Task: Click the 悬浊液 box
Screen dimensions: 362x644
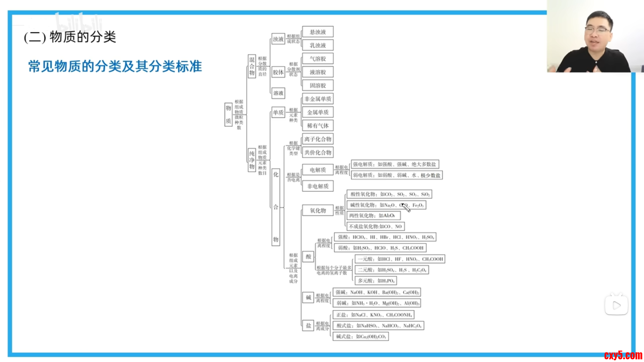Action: point(318,32)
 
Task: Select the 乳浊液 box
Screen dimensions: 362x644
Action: point(318,45)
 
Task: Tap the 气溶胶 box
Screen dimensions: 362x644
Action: point(318,59)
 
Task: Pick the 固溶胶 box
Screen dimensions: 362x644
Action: point(318,85)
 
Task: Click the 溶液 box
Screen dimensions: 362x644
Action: point(278,93)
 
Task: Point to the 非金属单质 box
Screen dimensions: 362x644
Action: point(318,99)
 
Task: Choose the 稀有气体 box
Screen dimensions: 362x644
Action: point(318,126)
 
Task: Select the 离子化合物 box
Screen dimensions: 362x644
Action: point(318,139)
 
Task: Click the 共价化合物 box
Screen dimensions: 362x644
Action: point(318,153)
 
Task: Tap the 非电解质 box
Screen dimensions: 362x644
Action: point(318,186)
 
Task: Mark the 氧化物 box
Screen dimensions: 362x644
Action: point(318,210)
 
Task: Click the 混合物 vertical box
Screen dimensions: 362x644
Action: point(252,66)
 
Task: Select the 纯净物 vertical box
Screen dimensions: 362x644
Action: point(252,160)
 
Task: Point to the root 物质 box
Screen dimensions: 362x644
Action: point(228,115)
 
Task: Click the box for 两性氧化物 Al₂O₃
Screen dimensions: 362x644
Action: point(373,216)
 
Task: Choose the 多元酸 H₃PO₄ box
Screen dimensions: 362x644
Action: point(376,281)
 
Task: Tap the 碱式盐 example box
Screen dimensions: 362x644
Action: point(361,337)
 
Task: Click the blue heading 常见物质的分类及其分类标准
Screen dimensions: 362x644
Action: point(115,66)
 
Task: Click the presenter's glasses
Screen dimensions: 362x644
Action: point(598,29)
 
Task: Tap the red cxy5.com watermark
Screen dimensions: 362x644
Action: point(623,355)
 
